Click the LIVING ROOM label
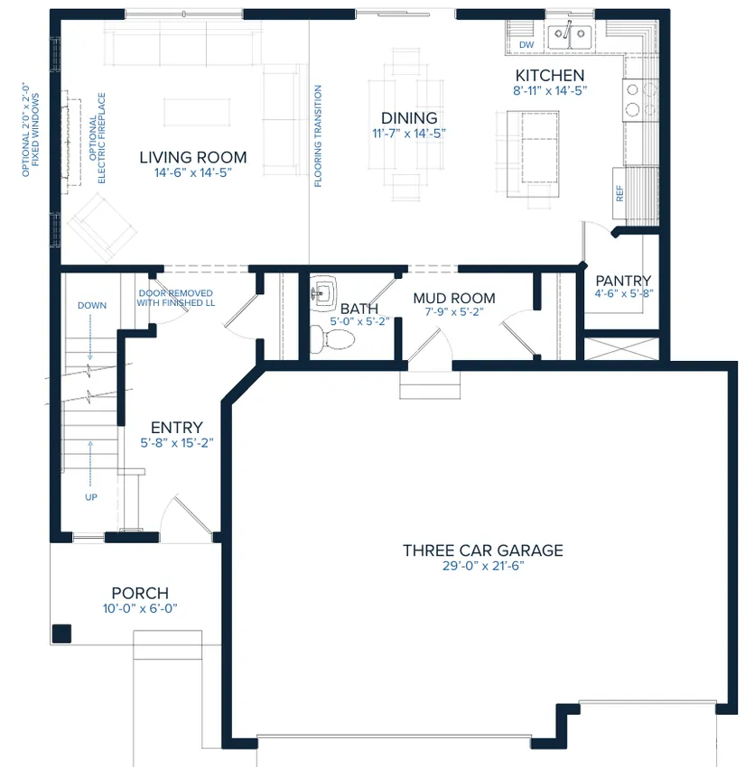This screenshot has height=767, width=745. tap(193, 158)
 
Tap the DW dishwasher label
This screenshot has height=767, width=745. tap(526, 44)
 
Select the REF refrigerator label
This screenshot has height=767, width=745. tap(619, 193)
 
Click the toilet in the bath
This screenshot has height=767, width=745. tap(332, 338)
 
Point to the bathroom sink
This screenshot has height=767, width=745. tap(323, 292)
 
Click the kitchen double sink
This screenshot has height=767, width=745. tap(569, 37)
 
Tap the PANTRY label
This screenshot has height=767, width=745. tap(623, 281)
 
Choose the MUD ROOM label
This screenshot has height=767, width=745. tap(453, 298)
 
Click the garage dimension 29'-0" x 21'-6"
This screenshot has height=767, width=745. tap(483, 566)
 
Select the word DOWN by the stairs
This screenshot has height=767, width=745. tap(92, 305)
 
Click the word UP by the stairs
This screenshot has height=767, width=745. tap(91, 497)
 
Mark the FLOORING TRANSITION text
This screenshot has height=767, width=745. tap(318, 136)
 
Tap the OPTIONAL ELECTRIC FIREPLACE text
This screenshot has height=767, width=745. tap(98, 138)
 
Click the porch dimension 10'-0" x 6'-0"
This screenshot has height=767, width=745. tap(140, 608)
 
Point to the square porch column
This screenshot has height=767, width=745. tap(61, 633)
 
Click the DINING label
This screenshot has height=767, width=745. tap(409, 118)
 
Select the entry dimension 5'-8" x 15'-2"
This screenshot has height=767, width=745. tap(177, 443)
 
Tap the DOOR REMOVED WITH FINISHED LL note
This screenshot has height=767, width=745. tap(176, 298)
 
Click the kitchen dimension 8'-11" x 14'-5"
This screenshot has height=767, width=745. tap(550, 90)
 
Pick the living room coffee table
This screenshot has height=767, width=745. tap(197, 112)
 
